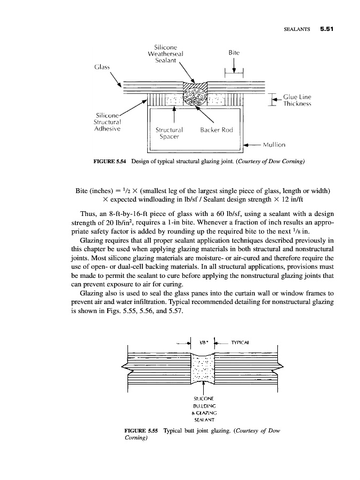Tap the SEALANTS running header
[294, 29]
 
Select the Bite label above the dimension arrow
[233, 53]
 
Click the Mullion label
[275, 145]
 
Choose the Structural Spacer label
[169, 133]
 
